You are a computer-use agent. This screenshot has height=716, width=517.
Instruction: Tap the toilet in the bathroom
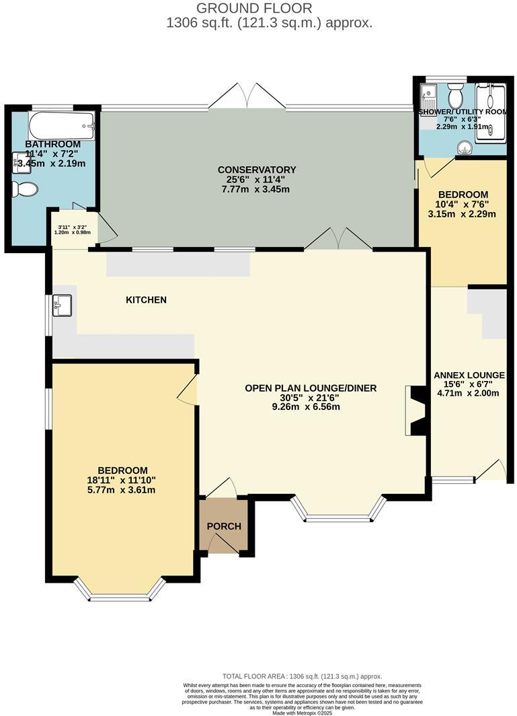click(24, 190)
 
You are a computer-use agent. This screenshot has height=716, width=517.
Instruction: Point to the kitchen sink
click(62, 306)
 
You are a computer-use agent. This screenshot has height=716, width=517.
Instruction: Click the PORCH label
click(223, 526)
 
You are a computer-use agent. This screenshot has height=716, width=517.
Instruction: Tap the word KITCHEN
click(146, 299)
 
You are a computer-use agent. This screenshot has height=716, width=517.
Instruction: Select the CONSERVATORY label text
click(257, 169)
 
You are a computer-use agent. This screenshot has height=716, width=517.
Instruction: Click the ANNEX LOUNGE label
click(469, 375)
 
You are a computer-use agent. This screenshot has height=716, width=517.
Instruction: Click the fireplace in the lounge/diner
click(416, 412)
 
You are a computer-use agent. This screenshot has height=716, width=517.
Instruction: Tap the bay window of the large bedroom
click(120, 592)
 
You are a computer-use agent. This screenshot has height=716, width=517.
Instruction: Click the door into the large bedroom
click(188, 390)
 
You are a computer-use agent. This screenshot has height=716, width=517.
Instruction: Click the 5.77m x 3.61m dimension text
click(122, 490)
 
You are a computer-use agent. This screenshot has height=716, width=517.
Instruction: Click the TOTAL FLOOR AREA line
click(302, 676)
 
